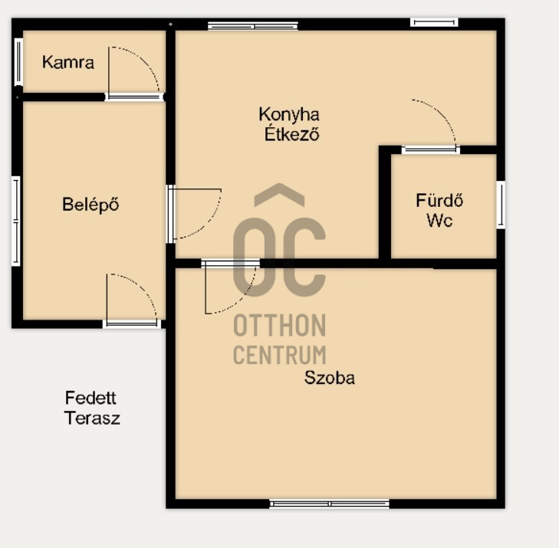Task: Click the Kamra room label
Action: [x=68, y=62]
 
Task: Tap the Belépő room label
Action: [x=90, y=205]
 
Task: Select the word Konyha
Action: [x=289, y=115]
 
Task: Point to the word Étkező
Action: [x=291, y=133]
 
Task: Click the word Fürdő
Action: [x=439, y=200]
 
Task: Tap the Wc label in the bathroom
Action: [x=439, y=220]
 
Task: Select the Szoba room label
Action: [x=330, y=378]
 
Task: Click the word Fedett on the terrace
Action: [x=90, y=398]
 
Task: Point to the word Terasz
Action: [x=92, y=418]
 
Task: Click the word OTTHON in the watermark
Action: [x=279, y=325]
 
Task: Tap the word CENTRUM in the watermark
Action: [x=279, y=355]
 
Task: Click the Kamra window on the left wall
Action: [x=18, y=62]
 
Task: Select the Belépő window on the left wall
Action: [x=16, y=221]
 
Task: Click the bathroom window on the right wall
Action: [x=501, y=205]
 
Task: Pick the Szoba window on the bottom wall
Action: [x=330, y=504]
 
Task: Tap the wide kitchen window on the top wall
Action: [x=253, y=25]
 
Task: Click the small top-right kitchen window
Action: [x=434, y=22]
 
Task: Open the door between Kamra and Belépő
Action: [x=134, y=97]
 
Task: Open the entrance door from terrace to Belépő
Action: [x=132, y=323]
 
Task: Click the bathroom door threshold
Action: [x=431, y=149]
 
